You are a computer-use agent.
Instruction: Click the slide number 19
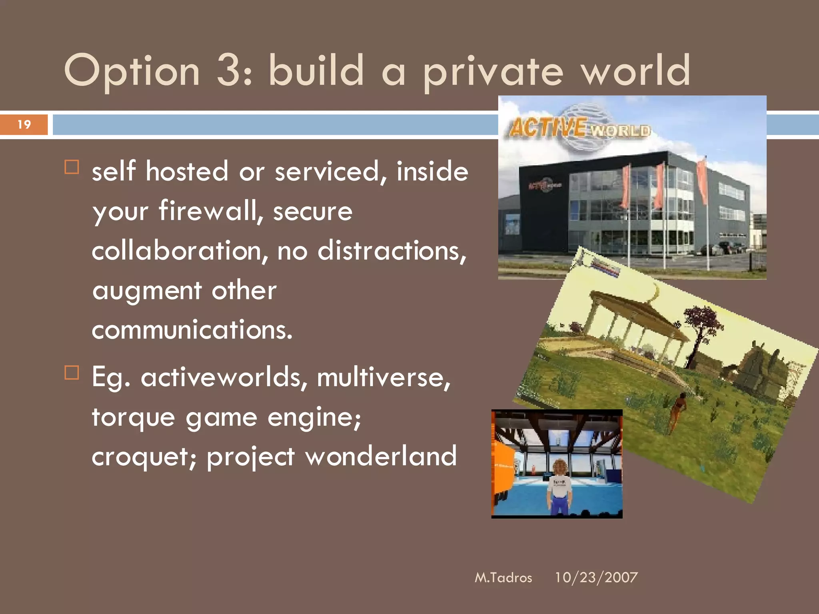point(24,125)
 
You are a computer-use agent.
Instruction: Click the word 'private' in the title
point(493,72)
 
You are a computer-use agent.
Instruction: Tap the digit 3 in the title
point(228,71)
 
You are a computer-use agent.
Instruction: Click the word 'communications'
point(192,330)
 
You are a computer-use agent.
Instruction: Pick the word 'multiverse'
point(383,377)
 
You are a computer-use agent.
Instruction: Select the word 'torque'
point(133,418)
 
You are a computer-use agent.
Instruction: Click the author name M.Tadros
point(503,578)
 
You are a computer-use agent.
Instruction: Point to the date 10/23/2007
point(596,578)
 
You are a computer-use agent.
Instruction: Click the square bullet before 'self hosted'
point(72,167)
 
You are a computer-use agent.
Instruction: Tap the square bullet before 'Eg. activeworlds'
point(72,373)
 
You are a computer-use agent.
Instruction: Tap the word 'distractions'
point(392,251)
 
